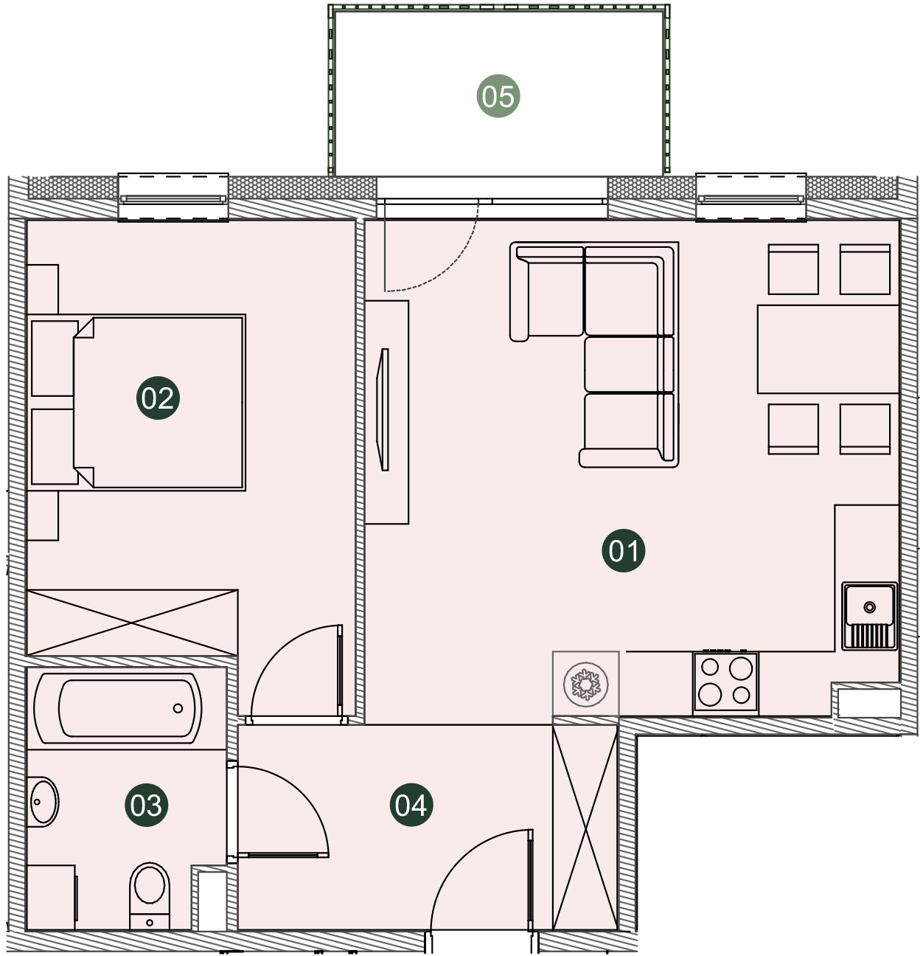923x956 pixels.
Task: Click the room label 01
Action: tap(623, 550)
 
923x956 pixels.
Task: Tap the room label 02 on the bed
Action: tap(158, 398)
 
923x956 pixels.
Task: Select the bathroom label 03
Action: tap(146, 806)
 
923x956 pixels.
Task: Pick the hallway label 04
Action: tap(411, 806)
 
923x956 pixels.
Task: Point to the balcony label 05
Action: tap(498, 96)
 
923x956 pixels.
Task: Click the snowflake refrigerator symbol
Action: tap(585, 684)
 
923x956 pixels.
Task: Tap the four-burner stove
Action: tap(725, 682)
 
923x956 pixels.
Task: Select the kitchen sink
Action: tap(869, 616)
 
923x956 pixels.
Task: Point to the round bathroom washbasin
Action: tap(43, 802)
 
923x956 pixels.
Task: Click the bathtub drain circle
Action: tap(178, 708)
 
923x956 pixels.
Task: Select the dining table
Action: tap(828, 350)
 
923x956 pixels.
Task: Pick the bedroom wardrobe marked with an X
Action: tap(132, 623)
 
